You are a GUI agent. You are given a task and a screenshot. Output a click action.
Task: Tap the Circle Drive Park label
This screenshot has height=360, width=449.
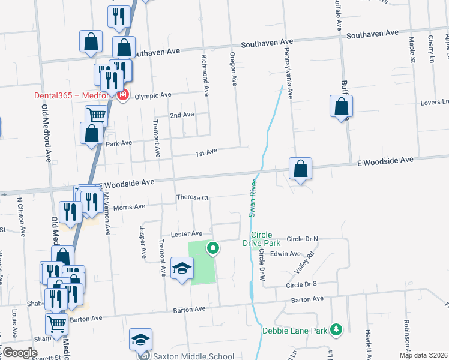261,239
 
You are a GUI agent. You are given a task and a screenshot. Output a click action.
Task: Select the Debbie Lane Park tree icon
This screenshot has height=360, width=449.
337,329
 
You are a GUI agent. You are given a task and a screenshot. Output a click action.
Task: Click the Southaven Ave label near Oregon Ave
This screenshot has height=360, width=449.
267,43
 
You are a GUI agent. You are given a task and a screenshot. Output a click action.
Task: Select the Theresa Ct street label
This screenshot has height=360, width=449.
192,197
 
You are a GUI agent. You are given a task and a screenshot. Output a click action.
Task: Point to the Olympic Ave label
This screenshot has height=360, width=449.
153,95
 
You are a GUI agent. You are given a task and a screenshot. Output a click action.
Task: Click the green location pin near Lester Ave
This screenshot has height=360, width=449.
213,247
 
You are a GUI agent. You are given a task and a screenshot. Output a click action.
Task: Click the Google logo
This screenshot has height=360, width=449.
20,353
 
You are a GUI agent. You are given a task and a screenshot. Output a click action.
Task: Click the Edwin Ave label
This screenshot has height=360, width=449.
285,254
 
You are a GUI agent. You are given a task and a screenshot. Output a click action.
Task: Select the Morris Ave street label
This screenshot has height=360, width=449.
130,207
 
